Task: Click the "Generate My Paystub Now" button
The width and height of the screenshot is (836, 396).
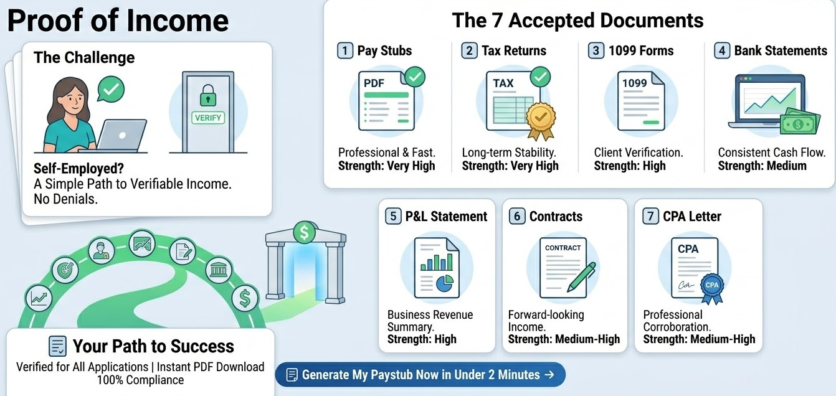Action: click(420, 375)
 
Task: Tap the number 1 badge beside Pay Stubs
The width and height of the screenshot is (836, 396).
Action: click(344, 50)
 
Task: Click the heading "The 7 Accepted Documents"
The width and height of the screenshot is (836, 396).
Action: click(577, 21)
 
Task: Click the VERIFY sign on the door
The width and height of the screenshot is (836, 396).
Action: click(208, 117)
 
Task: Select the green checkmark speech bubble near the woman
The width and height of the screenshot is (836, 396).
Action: click(111, 90)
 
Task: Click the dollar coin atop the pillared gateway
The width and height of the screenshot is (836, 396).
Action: click(304, 233)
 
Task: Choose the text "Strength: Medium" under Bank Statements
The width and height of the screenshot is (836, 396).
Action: click(762, 166)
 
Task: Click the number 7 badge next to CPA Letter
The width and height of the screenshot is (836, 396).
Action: click(650, 216)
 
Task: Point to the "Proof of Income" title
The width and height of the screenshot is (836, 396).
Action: click(118, 21)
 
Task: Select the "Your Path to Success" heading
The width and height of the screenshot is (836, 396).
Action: click(153, 346)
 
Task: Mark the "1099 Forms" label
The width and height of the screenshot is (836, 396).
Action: click(641, 50)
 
